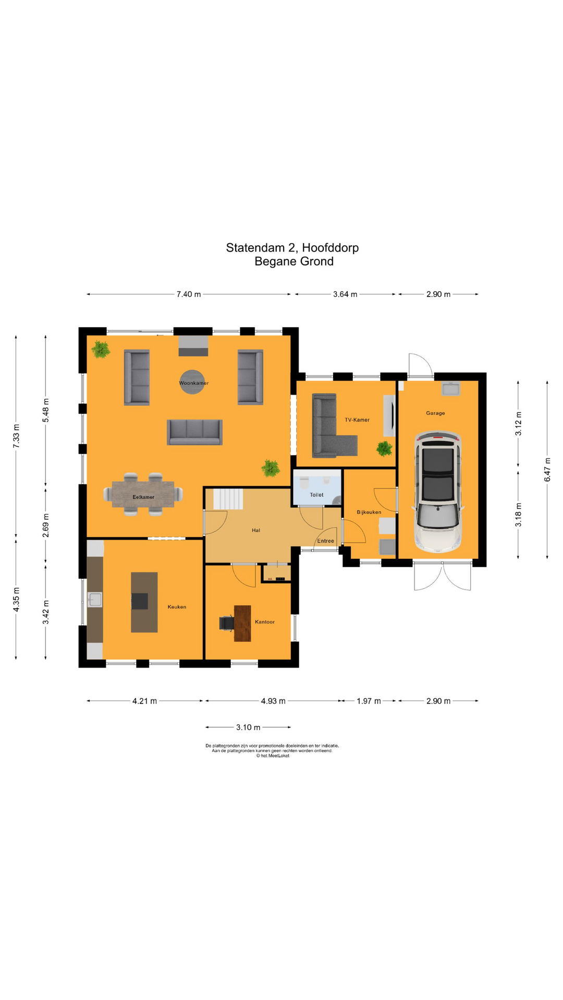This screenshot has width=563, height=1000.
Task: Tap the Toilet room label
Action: pyautogui.click(x=316, y=495)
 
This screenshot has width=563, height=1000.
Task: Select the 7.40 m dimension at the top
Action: pyautogui.click(x=188, y=294)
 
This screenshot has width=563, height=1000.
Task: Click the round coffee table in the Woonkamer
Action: pyautogui.click(x=192, y=382)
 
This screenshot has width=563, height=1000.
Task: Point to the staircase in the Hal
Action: pyautogui.click(x=228, y=499)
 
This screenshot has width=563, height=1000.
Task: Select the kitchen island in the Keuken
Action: pyautogui.click(x=144, y=602)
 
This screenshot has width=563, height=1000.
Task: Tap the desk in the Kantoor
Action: pyautogui.click(x=242, y=623)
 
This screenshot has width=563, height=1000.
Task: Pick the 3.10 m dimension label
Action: pyautogui.click(x=248, y=727)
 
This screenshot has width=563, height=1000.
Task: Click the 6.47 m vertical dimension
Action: pyautogui.click(x=547, y=469)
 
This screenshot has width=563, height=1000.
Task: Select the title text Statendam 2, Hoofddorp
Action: pyautogui.click(x=292, y=248)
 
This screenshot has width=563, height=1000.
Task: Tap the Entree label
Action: pyautogui.click(x=325, y=541)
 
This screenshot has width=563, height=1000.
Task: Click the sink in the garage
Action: pyautogui.click(x=450, y=389)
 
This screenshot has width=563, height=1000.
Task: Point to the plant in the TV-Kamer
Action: pyautogui.click(x=385, y=448)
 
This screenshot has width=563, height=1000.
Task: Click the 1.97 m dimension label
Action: pyautogui.click(x=369, y=701)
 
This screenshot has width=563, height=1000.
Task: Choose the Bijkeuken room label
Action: pyautogui.click(x=369, y=512)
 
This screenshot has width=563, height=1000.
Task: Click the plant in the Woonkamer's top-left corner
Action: pyautogui.click(x=101, y=349)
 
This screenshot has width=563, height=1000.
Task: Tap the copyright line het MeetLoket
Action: pyautogui.click(x=273, y=756)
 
